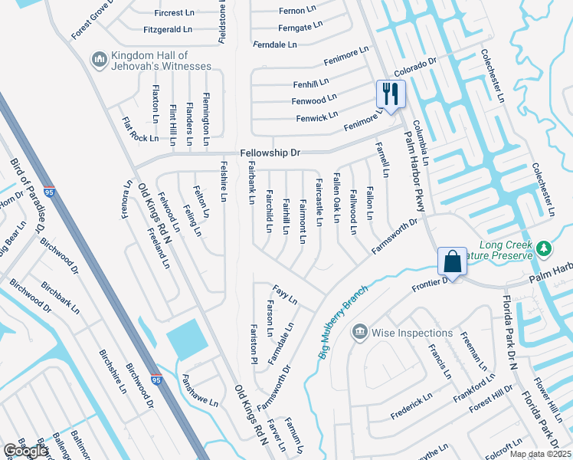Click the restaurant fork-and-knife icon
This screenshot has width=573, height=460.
point(391,95)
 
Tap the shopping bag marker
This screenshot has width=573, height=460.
point(452,261)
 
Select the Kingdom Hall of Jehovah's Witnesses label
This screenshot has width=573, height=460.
point(160,61)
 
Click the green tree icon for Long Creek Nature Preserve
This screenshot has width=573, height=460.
point(544,248)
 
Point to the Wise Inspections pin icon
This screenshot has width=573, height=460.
point(359,332)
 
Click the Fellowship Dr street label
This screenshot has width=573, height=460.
point(270,153)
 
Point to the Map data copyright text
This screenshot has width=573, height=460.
point(540,454)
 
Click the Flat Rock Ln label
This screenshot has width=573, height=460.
point(140,130)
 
